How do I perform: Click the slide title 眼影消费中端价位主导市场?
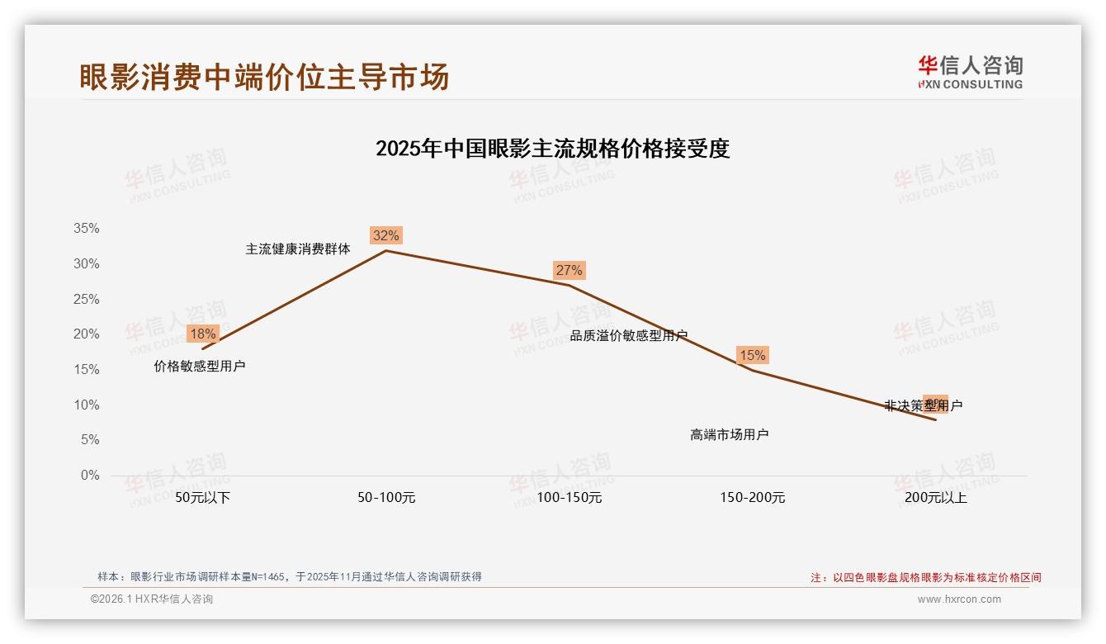(x=264, y=77)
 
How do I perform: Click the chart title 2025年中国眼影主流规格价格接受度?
(x=552, y=149)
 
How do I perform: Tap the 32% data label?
(x=385, y=235)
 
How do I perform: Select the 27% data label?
(x=569, y=270)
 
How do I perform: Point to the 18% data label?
(x=202, y=334)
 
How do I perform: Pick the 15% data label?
(x=752, y=355)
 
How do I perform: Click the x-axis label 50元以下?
(x=203, y=498)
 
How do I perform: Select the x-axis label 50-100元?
(x=386, y=498)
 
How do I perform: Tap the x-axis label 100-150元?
(x=570, y=498)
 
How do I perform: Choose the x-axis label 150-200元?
(x=753, y=498)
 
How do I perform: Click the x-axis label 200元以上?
(x=936, y=498)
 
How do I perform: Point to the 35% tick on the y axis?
(x=86, y=229)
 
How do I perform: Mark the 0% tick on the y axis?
(x=89, y=476)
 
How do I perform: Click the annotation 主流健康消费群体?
(x=298, y=249)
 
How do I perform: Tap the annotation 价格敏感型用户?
(x=200, y=366)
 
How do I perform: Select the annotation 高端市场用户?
(x=730, y=434)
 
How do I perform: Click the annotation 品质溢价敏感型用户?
(x=629, y=335)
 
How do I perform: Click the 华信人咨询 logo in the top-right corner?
(x=970, y=72)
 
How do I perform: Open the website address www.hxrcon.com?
(x=959, y=599)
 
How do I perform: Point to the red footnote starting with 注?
(x=925, y=577)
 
